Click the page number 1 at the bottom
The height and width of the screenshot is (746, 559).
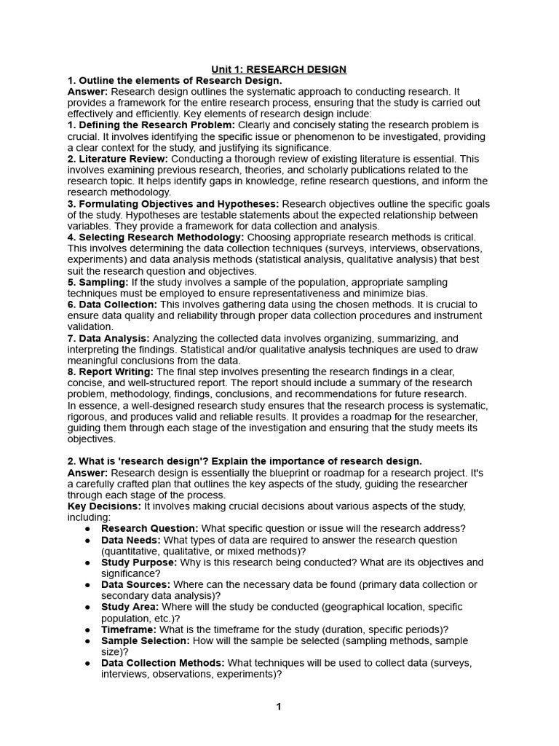click(x=278, y=707)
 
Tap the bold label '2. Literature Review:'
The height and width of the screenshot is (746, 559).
click(x=117, y=159)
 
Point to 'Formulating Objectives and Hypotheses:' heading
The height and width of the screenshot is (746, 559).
click(x=173, y=204)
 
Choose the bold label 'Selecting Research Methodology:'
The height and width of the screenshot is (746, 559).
click(x=156, y=237)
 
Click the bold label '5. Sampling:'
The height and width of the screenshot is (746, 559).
click(x=98, y=282)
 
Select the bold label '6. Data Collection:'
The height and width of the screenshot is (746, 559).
click(x=111, y=305)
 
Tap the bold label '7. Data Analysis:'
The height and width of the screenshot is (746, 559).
click(x=108, y=338)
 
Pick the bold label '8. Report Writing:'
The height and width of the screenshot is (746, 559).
click(x=110, y=372)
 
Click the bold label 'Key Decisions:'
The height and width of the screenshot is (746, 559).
click(x=104, y=506)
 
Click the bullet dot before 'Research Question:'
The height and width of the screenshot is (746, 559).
click(x=87, y=529)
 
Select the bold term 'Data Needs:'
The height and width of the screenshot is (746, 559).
click(x=131, y=540)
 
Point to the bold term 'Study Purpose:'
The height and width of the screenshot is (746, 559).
click(x=138, y=562)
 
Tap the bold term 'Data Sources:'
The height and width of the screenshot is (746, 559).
click(x=135, y=584)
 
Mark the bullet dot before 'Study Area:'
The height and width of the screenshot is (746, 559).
click(x=87, y=607)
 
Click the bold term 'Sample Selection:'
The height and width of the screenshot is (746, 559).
click(x=145, y=640)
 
